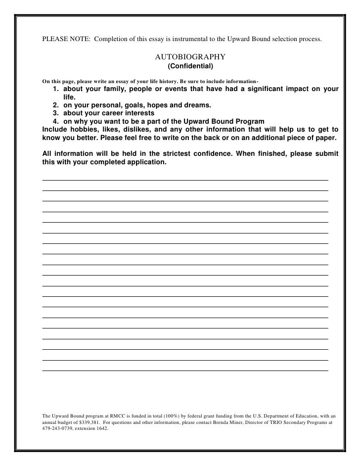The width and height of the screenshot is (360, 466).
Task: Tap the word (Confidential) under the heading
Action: [190, 66]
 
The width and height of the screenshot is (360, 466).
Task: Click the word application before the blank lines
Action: [142, 162]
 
